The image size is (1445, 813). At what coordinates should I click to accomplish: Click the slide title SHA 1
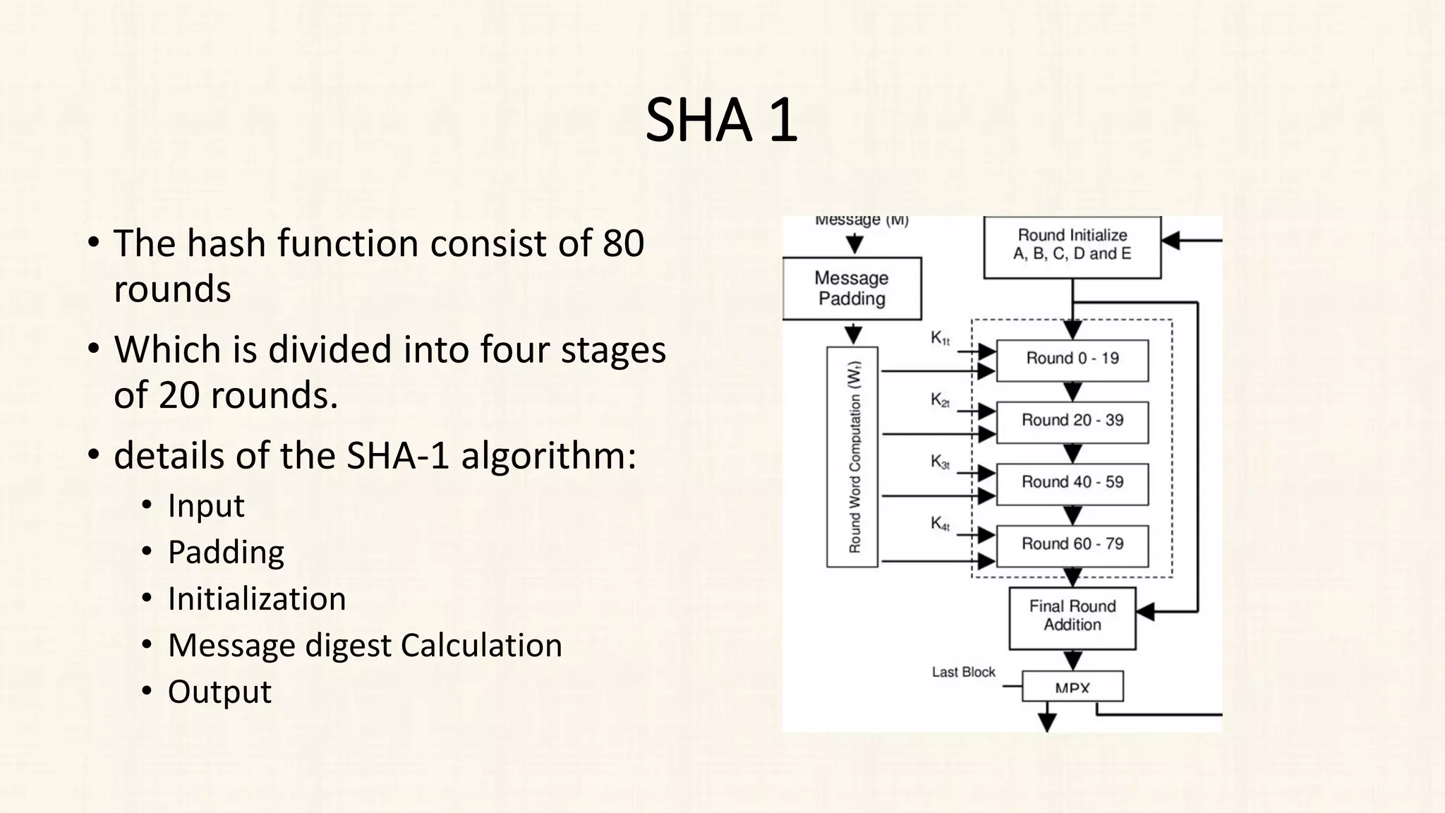point(721,121)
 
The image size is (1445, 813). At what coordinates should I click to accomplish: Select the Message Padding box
point(852,288)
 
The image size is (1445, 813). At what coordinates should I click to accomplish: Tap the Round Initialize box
point(1072,246)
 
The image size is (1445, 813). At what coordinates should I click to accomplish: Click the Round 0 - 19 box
point(1072,359)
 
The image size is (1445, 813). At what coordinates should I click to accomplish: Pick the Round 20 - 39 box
point(1072,421)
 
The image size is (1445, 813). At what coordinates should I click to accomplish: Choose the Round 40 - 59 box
point(1072,483)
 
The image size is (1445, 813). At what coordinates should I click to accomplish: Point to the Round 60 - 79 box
point(1072,545)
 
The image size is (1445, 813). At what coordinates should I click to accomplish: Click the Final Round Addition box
point(1072,616)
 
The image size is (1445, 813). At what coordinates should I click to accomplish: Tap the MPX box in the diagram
point(1072,687)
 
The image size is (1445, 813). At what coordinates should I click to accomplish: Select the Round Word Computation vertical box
point(852,457)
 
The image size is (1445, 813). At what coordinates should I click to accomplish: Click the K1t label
point(940,339)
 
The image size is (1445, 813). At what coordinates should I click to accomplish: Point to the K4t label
point(940,524)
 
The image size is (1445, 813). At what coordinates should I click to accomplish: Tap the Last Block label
point(963,673)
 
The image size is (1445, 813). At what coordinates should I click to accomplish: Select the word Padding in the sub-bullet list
point(226,553)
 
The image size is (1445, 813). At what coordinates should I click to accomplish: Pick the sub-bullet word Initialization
point(257,599)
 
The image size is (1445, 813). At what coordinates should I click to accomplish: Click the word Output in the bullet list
point(219,692)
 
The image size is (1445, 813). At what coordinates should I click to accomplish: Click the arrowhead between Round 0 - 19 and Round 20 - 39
point(1072,392)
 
